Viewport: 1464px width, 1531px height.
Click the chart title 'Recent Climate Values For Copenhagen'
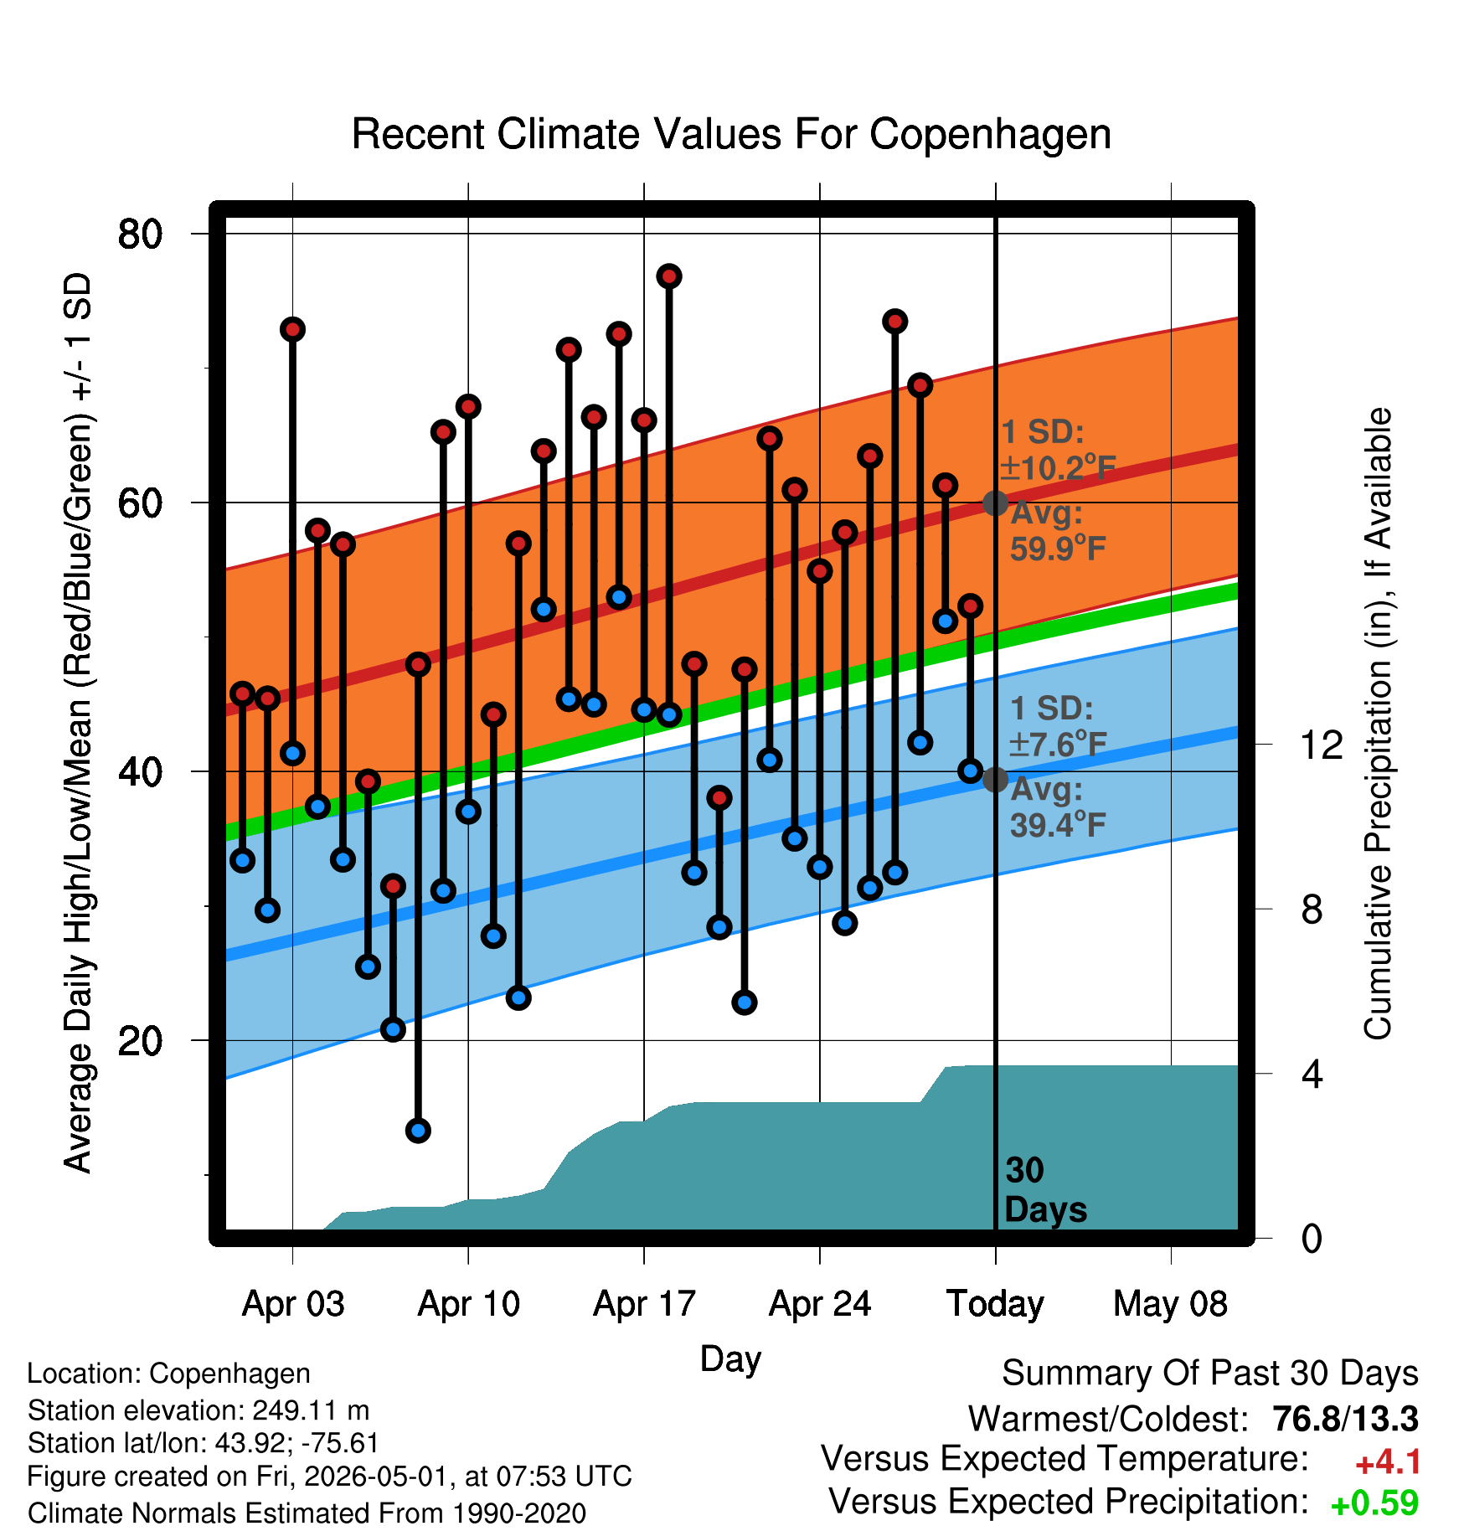tap(731, 134)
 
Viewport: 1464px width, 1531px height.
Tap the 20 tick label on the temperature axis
tap(140, 1040)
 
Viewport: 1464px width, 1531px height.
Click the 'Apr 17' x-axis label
tap(644, 1303)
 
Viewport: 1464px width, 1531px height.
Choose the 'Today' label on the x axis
tap(995, 1303)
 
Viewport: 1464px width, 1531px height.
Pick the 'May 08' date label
tap(1170, 1303)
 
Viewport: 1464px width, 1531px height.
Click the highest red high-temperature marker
tap(668, 276)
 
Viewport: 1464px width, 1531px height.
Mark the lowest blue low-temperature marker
tap(418, 1131)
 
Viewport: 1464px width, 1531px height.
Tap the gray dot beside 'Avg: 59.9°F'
tap(995, 503)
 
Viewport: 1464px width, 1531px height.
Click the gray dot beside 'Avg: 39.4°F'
tap(995, 779)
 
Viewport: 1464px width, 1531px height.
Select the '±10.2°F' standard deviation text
tap(1059, 467)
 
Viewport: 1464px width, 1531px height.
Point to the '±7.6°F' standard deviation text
tap(1058, 743)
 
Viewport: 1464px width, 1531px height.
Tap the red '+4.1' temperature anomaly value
tap(1388, 1462)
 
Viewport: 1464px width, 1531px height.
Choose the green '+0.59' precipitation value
tap(1374, 1503)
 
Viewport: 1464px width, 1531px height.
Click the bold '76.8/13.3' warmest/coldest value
tap(1345, 1419)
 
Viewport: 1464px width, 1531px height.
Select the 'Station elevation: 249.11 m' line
tap(198, 1410)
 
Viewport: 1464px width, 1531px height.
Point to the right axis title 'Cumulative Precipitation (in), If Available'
tap(1378, 724)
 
